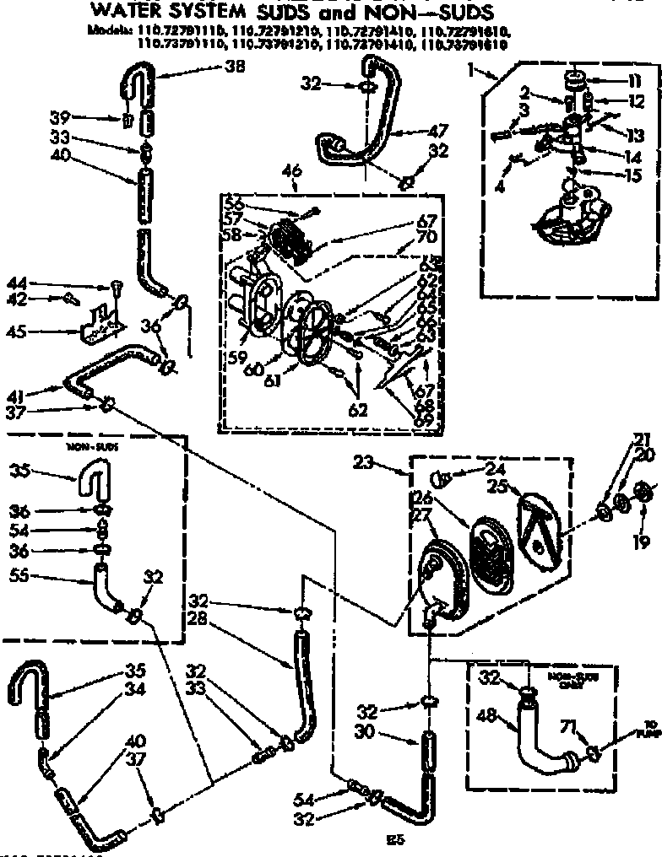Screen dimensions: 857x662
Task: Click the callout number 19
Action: click(x=632, y=82)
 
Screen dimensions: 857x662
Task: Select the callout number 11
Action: click(x=632, y=103)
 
